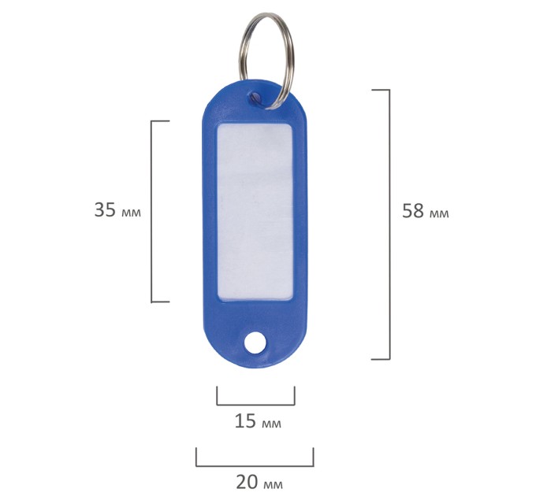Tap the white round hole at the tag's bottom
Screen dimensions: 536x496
pos(255,343)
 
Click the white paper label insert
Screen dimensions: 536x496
pos(255,212)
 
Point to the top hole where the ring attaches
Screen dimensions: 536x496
pos(255,96)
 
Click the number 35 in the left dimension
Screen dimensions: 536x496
pos(105,209)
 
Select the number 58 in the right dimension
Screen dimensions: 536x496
pos(413,211)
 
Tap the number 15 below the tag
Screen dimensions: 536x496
pos(245,421)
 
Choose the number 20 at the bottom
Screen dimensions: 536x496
pos(247,482)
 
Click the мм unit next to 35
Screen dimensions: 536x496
pos(131,213)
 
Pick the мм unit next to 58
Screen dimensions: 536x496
pos(439,214)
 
